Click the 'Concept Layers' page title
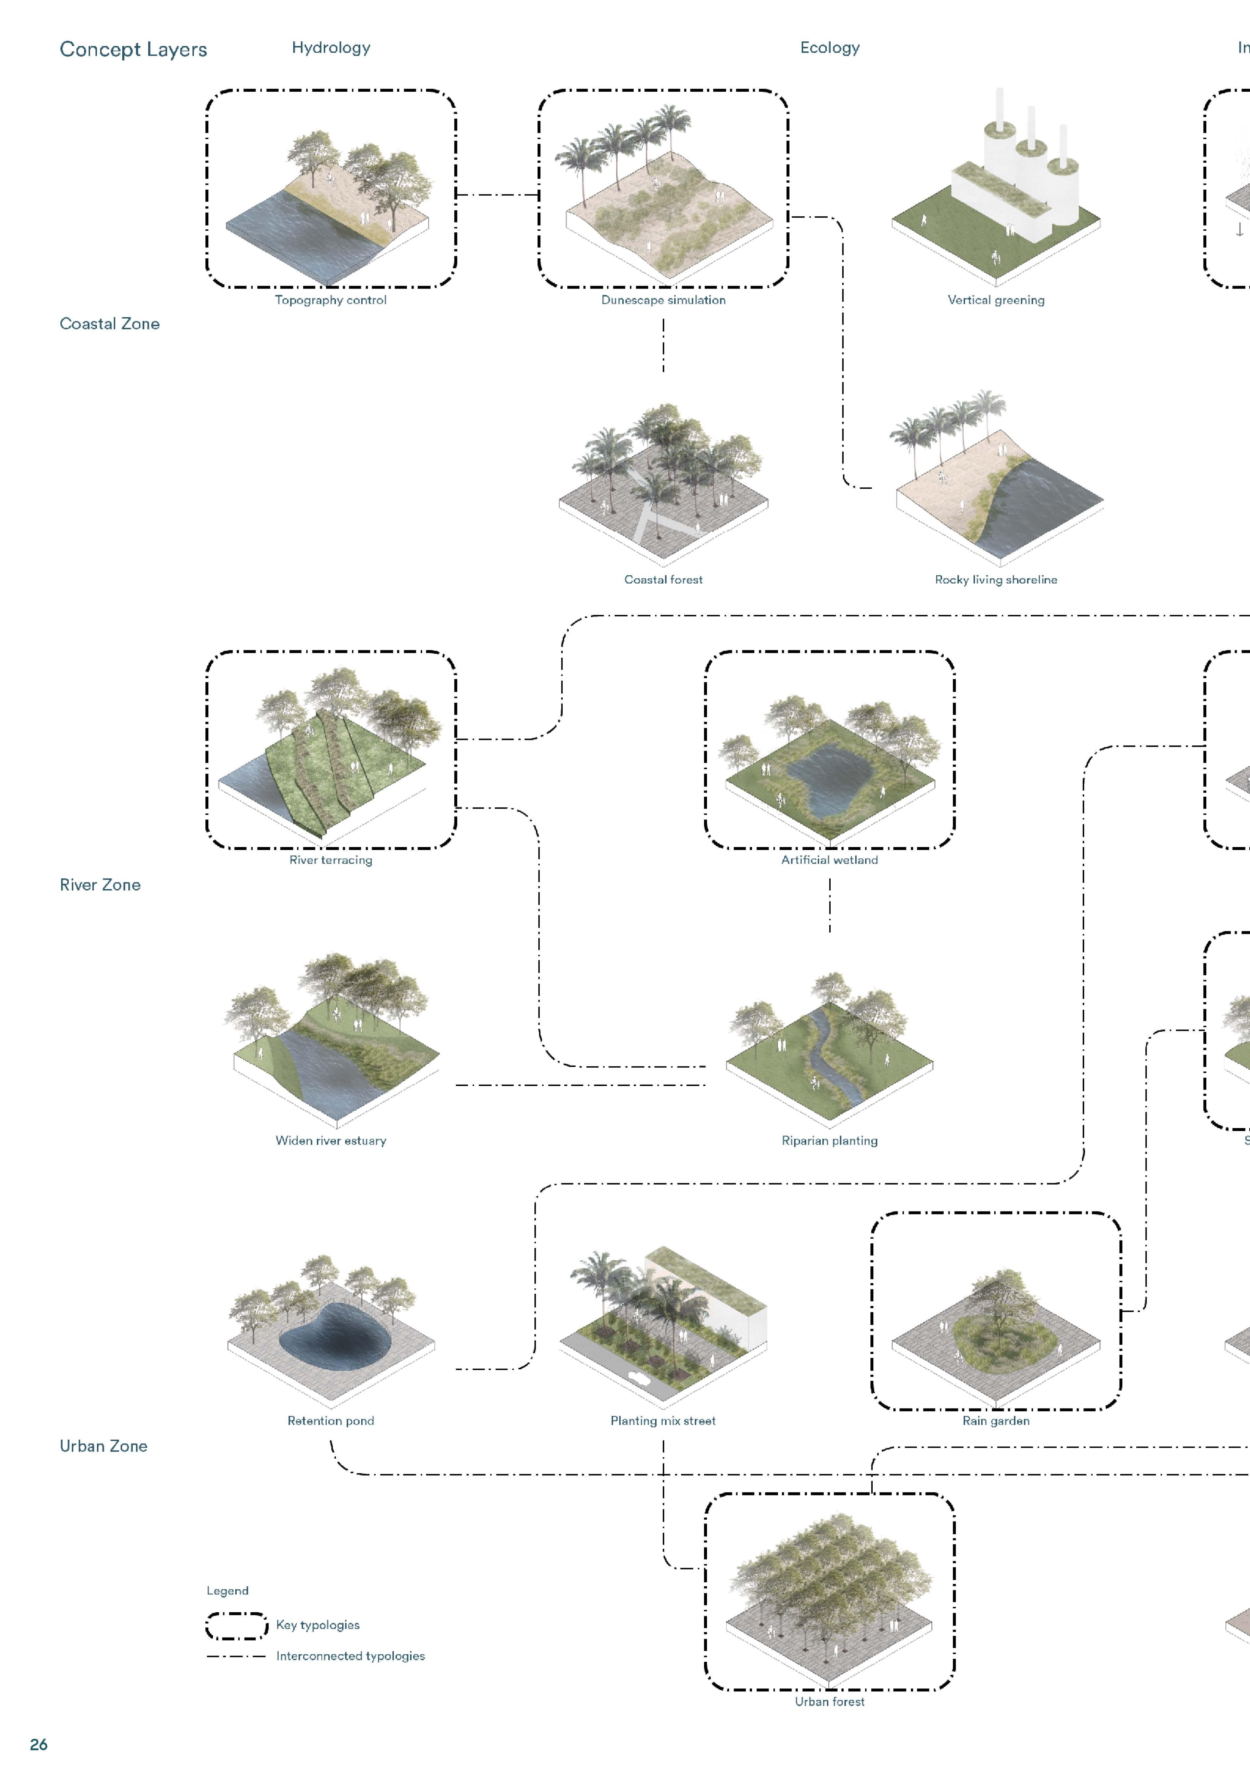click(x=133, y=49)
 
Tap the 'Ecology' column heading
click(x=830, y=48)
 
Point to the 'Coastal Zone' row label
click(x=109, y=323)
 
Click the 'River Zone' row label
click(x=100, y=885)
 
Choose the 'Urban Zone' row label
click(x=103, y=1446)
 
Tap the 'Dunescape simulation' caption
click(x=663, y=300)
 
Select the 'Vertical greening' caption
click(x=996, y=300)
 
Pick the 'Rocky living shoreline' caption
click(x=996, y=580)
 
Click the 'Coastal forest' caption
click(x=663, y=580)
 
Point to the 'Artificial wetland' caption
click(x=830, y=860)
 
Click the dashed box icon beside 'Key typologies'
click(x=236, y=1626)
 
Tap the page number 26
click(x=38, y=1745)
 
